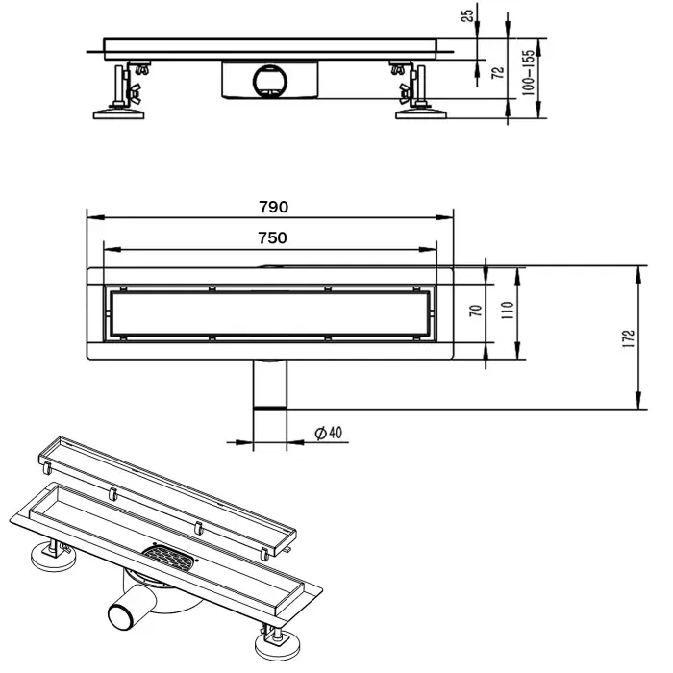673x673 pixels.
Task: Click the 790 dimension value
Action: [273, 206]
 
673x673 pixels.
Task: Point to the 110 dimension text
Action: [508, 310]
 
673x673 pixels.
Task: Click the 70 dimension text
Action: [474, 310]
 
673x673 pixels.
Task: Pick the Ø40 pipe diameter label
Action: [329, 433]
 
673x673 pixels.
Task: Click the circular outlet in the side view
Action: [269, 78]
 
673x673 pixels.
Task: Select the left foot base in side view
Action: [119, 113]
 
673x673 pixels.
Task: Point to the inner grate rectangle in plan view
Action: [273, 311]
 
